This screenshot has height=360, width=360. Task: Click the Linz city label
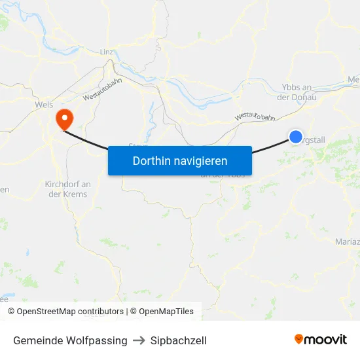[x=107, y=52]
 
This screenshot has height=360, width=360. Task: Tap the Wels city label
[x=44, y=103]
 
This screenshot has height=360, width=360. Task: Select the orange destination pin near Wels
[x=65, y=118]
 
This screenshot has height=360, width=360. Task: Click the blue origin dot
[x=296, y=137]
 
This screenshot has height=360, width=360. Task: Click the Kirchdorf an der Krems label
[x=67, y=189]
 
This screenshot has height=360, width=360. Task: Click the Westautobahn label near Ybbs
[x=255, y=116]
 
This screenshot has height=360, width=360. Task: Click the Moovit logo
[x=321, y=339]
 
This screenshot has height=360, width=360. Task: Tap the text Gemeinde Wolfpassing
[x=70, y=340]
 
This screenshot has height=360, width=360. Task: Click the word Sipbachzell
[x=179, y=340]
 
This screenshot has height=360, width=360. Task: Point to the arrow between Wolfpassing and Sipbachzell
[x=139, y=340]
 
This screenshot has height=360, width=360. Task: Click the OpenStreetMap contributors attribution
[x=65, y=312]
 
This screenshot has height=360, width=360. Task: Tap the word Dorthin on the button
[x=150, y=160]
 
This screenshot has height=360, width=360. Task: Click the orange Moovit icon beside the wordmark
[x=299, y=339]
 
